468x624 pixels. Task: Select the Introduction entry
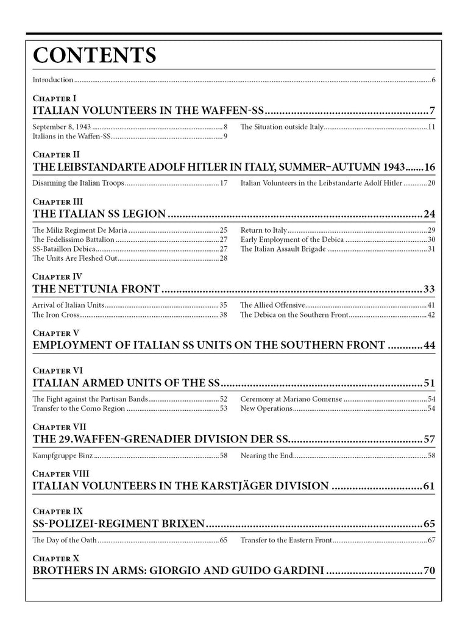click(53, 80)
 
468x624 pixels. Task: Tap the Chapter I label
click(54, 97)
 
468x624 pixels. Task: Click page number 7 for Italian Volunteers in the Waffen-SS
click(431, 111)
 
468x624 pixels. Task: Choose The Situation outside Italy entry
click(281, 127)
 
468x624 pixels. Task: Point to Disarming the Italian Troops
click(78, 183)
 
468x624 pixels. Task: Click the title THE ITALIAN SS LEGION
click(99, 214)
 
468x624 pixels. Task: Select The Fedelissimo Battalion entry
click(73, 239)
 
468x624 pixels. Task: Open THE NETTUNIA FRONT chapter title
click(96, 289)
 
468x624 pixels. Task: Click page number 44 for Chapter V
click(429, 346)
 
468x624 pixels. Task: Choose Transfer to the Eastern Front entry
click(286, 540)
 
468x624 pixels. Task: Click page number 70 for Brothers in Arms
click(429, 571)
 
